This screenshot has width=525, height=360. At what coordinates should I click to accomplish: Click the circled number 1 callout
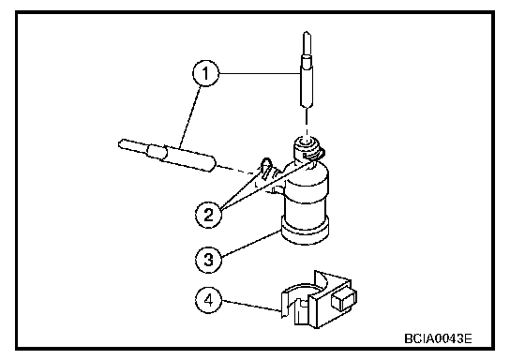(205, 73)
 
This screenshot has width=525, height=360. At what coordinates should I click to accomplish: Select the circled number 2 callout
(208, 215)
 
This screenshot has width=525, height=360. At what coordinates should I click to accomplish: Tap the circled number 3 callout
(208, 259)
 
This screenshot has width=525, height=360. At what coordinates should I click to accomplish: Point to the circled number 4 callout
(208, 300)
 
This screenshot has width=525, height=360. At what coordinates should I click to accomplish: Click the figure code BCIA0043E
(439, 338)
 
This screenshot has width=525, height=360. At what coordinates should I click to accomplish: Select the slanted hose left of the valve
(167, 155)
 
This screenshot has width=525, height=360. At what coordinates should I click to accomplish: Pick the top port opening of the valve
(306, 142)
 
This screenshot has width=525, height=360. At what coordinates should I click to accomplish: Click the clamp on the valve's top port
(314, 155)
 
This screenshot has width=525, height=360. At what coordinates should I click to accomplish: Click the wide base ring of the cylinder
(305, 231)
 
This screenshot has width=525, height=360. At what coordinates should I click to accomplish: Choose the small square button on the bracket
(344, 299)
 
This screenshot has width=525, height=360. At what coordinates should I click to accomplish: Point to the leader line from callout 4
(251, 306)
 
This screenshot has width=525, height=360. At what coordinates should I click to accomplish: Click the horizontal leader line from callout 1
(260, 73)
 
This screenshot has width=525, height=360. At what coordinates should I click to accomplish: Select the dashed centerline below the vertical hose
(307, 122)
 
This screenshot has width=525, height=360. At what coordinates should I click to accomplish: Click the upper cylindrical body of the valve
(306, 191)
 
